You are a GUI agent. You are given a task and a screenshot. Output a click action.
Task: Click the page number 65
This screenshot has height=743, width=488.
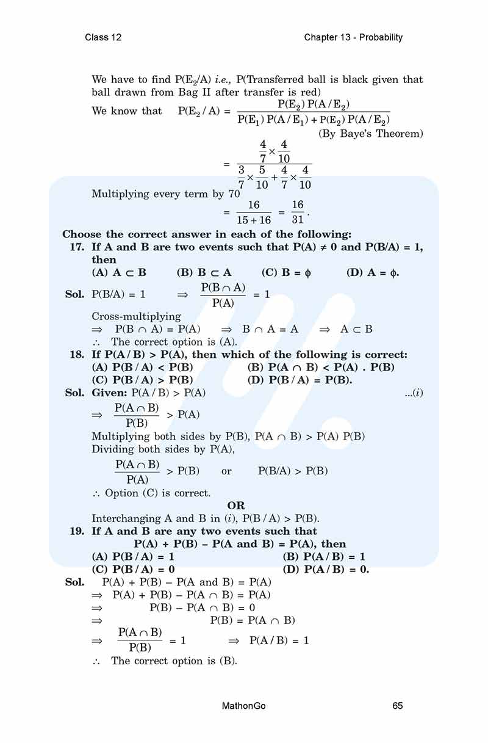click(x=398, y=706)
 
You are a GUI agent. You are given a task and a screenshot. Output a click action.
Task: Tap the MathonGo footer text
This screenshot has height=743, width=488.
click(x=244, y=706)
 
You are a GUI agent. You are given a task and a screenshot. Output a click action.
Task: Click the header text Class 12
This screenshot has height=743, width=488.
click(x=103, y=37)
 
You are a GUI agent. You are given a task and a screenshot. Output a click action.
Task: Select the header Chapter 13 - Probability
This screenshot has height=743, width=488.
click(x=353, y=37)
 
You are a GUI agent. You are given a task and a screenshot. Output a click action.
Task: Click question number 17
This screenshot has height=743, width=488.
click(x=77, y=247)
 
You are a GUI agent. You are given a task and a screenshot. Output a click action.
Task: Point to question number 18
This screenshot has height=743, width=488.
click(x=77, y=355)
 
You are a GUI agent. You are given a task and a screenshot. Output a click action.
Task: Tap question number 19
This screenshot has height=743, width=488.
click(x=77, y=531)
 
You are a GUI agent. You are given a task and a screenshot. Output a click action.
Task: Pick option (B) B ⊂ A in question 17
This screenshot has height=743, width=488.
click(x=204, y=272)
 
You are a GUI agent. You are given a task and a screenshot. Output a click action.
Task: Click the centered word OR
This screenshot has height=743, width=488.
click(x=236, y=506)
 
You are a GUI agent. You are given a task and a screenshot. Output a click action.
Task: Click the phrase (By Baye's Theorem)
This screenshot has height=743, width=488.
click(x=371, y=134)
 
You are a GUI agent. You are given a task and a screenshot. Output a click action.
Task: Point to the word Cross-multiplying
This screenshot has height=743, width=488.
click(x=136, y=316)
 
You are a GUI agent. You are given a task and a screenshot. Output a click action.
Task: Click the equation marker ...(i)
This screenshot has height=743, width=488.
click(x=414, y=393)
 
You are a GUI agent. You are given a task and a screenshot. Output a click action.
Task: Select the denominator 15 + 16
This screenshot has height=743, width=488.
click(x=253, y=220)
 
